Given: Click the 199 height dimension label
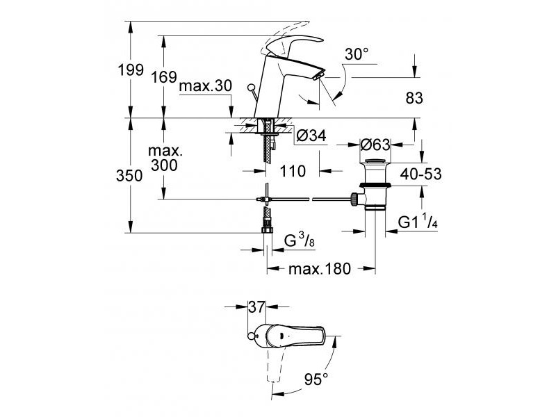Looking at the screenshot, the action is coord(131,70).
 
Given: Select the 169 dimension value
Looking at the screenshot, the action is coord(164,76).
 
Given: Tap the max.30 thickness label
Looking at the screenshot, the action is coord(206,85).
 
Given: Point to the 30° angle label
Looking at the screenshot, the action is coord(357,54).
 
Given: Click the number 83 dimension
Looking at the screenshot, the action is coord(414,98).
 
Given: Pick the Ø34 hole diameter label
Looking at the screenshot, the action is coord(311,135).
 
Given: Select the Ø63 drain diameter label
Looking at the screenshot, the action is coord(375,145).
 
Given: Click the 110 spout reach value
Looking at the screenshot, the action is coord(293,171).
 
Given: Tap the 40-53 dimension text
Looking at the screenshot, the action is coord(421,174).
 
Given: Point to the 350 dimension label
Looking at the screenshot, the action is coord(129,176).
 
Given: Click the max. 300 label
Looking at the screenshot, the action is coord(165,158).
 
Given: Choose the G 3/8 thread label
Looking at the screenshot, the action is coord(300,240).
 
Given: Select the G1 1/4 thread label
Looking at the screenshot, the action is coord(418,221).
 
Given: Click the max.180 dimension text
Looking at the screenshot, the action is coord(320,269).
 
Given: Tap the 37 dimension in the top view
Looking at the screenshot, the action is coord(256,306).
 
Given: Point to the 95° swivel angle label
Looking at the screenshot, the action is coord(316,379).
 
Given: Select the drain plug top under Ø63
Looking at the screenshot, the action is coord(375,162).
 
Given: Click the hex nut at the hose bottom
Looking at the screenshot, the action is coord(267,230).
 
